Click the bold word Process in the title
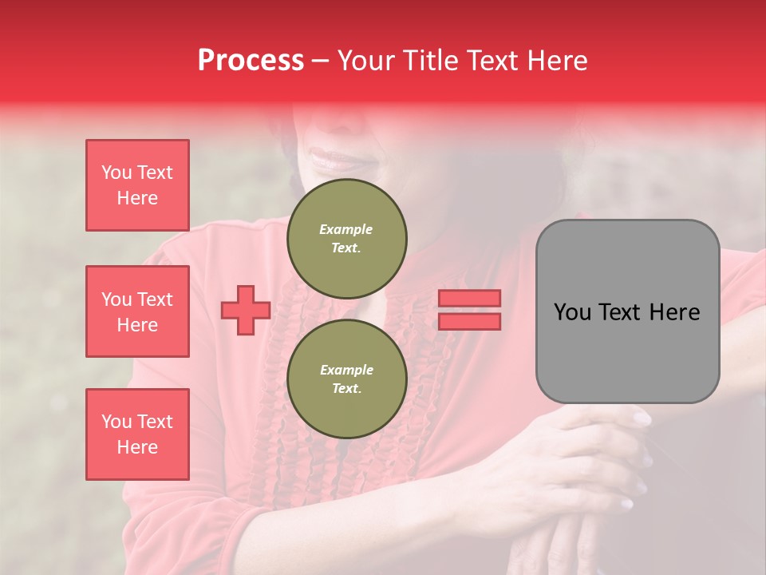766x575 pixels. coord(251,60)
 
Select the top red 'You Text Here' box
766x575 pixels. coord(137,185)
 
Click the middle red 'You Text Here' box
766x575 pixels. coord(137,311)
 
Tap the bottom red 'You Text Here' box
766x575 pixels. coord(137,434)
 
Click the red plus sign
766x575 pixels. coord(246,311)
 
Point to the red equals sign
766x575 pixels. coord(469,310)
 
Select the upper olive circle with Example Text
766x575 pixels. coord(346,239)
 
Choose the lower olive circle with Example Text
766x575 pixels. coord(346,379)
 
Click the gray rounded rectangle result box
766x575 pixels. coord(627,311)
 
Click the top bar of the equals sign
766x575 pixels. coord(469,299)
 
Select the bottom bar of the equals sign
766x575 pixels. coord(469,321)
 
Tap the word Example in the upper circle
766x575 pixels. coord(346,229)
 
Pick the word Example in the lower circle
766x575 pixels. coord(346,370)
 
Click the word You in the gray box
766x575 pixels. coord(573,312)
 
